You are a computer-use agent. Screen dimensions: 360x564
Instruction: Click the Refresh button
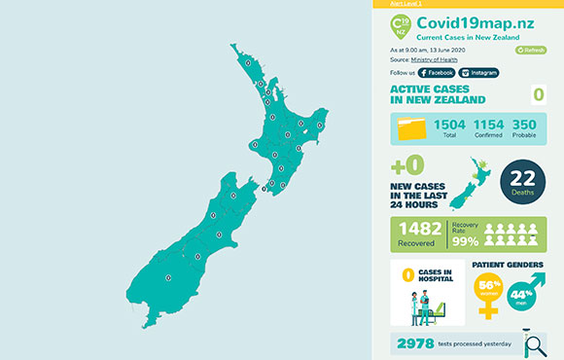(x=531, y=49)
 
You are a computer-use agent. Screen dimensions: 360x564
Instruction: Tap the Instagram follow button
(x=479, y=72)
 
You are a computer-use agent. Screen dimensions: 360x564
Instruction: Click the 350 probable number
(x=524, y=125)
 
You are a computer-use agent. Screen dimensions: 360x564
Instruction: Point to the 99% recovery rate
(x=465, y=241)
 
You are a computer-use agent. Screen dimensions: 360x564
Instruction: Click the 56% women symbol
(x=489, y=292)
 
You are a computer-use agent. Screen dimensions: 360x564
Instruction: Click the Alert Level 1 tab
(x=405, y=3)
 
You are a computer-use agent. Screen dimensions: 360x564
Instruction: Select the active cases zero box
(x=537, y=94)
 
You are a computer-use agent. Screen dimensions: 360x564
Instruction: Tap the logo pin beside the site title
(x=399, y=27)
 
